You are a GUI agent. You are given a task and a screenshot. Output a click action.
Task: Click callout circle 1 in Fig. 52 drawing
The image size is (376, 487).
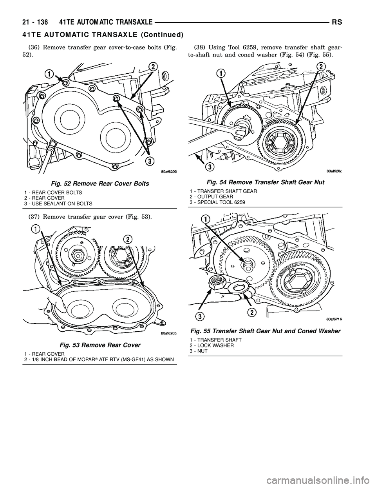[49, 73]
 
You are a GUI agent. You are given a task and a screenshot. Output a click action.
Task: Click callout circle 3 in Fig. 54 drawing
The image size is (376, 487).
[210, 167]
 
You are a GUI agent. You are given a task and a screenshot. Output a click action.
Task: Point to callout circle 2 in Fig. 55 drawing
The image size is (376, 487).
[251, 312]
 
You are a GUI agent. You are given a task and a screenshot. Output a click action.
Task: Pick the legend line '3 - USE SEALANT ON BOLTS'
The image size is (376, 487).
[59, 203]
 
